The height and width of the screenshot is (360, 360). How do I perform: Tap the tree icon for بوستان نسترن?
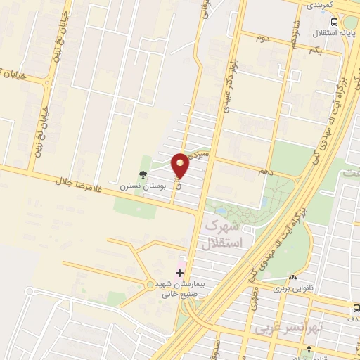144,175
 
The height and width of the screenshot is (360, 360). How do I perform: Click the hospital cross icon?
179,271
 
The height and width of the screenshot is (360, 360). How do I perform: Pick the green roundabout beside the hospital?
150,285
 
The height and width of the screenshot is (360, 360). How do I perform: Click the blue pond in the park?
221,210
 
